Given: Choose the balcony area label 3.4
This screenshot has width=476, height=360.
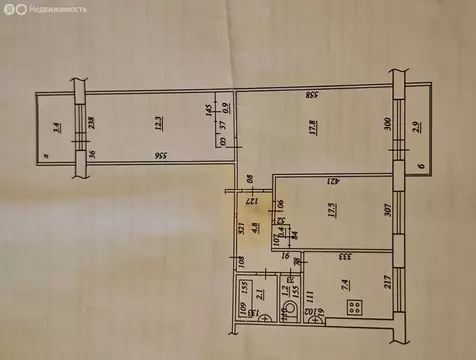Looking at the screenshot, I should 57,127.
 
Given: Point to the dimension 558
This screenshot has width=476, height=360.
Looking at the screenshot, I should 313,95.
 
